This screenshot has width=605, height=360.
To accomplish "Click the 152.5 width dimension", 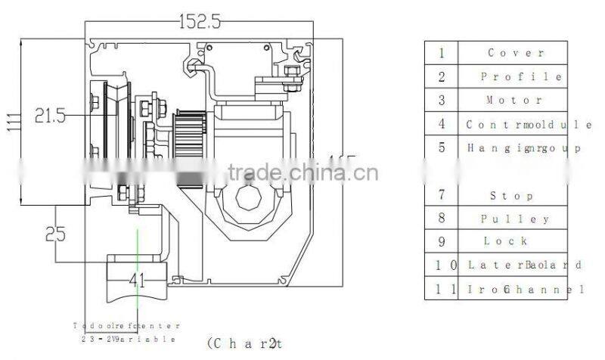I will pos(200,23).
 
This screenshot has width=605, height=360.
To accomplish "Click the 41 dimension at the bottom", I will pos(136,281).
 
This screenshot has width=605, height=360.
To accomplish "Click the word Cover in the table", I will pos(516,53).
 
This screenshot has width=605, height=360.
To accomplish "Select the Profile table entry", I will pos(521,77).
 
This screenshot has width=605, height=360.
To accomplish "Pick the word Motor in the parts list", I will pos(514,101).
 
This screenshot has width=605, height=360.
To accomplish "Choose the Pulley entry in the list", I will pos(515,219).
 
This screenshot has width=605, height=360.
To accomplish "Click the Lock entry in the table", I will pos(507,242).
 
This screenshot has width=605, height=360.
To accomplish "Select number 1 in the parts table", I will pos(442,53).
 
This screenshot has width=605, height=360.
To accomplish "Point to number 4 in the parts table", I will pos(442,124).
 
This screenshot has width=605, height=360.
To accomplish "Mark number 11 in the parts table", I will pos(442,289).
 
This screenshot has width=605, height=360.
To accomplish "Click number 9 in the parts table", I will pos(442,242).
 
